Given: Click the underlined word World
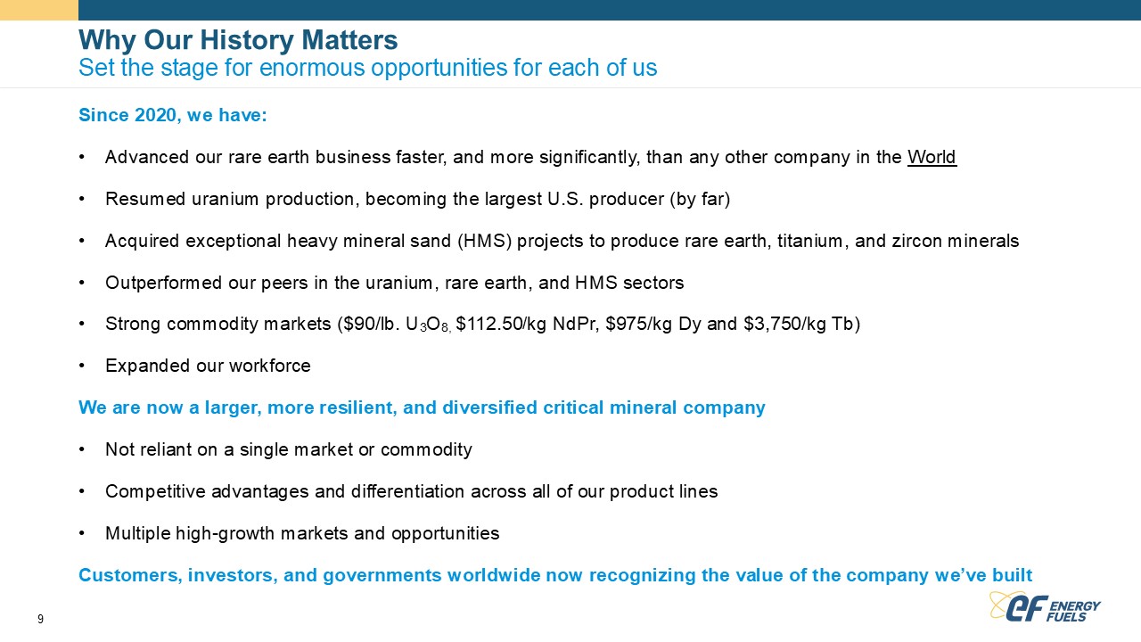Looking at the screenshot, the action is [932, 157].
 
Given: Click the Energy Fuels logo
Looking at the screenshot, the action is [1044, 607].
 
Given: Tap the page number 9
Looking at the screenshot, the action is [40, 619].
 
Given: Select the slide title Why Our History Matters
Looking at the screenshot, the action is [238, 40].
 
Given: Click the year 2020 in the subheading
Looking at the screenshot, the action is [155, 115].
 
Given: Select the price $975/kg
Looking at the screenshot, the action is [639, 324].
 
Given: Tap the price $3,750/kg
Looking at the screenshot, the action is [784, 324].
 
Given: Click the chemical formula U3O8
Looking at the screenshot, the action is [427, 325].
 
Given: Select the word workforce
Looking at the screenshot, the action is [270, 366].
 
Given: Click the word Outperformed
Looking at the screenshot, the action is [163, 283].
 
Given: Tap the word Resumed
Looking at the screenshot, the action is [145, 199].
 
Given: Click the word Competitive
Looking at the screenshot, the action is [155, 491].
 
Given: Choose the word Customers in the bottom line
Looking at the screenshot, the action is [130, 575].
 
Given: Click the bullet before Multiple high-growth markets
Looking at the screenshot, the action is [82, 533].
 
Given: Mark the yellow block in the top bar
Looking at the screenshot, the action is [39, 10].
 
